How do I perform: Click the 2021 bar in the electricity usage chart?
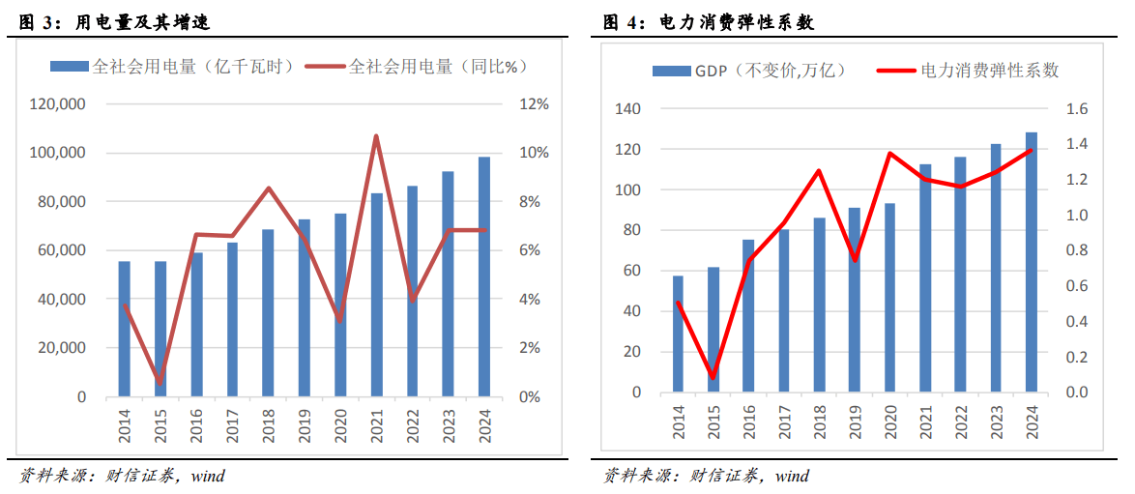376,295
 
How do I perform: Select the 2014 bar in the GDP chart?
678,334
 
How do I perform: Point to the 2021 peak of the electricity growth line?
376,136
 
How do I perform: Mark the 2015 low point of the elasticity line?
713,378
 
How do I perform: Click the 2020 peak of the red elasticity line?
889,154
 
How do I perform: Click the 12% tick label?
535,104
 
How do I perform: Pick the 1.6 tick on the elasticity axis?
1076,109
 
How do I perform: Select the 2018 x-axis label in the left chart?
268,424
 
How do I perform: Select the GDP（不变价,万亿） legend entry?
749,71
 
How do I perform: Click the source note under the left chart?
122,476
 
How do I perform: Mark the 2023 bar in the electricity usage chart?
448,284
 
